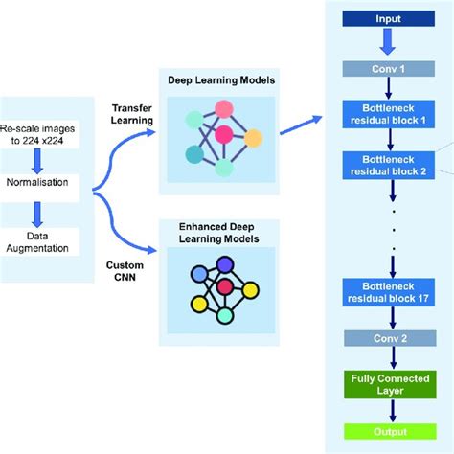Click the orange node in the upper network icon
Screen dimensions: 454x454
pos(252,139)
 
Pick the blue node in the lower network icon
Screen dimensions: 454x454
pos(200,273)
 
